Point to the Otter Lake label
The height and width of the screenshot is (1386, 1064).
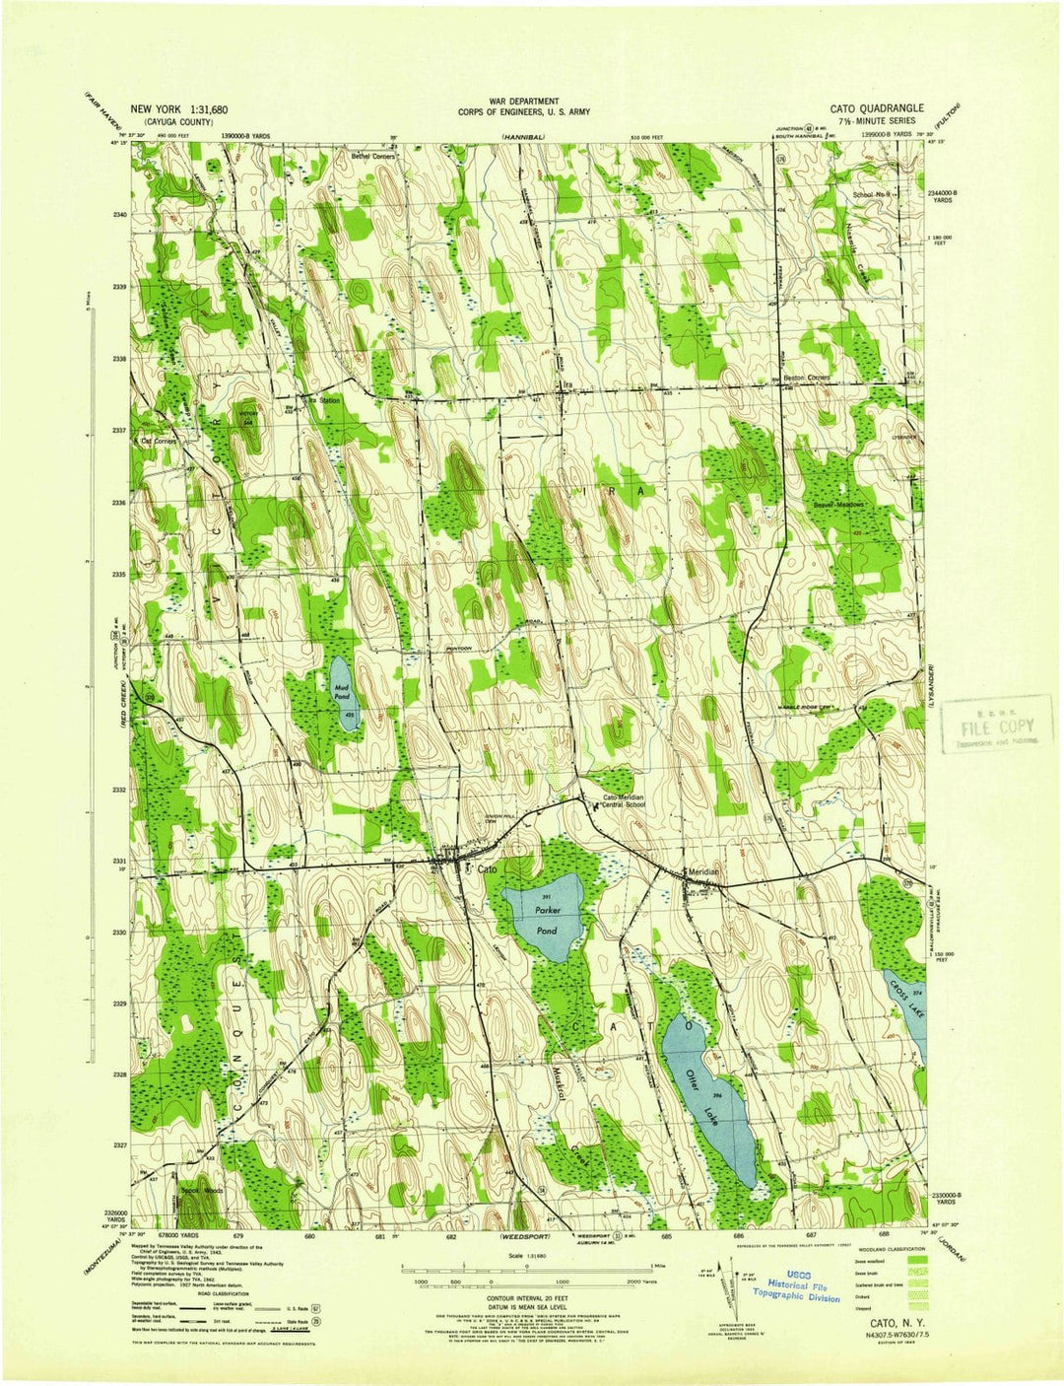tap(701, 1076)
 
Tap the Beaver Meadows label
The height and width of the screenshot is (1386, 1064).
tap(838, 503)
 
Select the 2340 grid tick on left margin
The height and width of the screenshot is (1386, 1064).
tap(120, 214)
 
